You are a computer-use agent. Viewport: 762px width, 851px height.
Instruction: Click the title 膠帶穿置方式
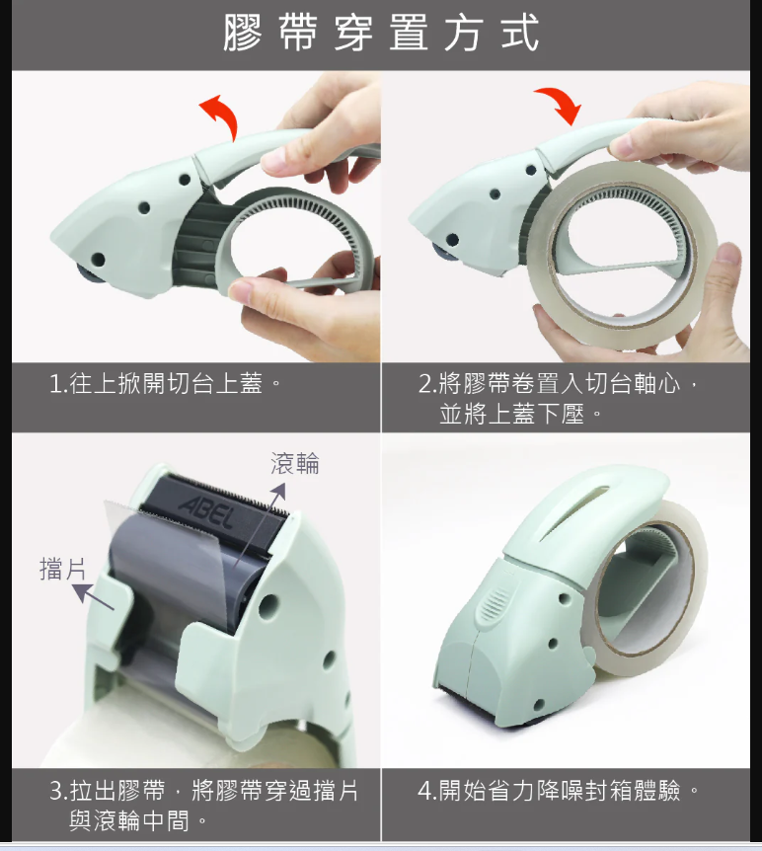[x=381, y=33]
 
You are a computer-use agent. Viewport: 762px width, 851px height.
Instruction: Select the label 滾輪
[x=295, y=463]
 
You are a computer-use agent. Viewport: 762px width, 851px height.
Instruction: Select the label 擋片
[x=62, y=569]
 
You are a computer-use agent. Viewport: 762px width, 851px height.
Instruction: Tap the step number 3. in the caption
[x=58, y=791]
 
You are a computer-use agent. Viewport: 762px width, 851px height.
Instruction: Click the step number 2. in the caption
[x=427, y=384]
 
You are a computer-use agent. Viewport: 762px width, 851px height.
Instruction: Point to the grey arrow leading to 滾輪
[x=259, y=525]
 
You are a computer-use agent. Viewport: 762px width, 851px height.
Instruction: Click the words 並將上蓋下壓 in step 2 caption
[x=511, y=415]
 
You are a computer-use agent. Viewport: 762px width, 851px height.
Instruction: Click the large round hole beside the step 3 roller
[x=268, y=606]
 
